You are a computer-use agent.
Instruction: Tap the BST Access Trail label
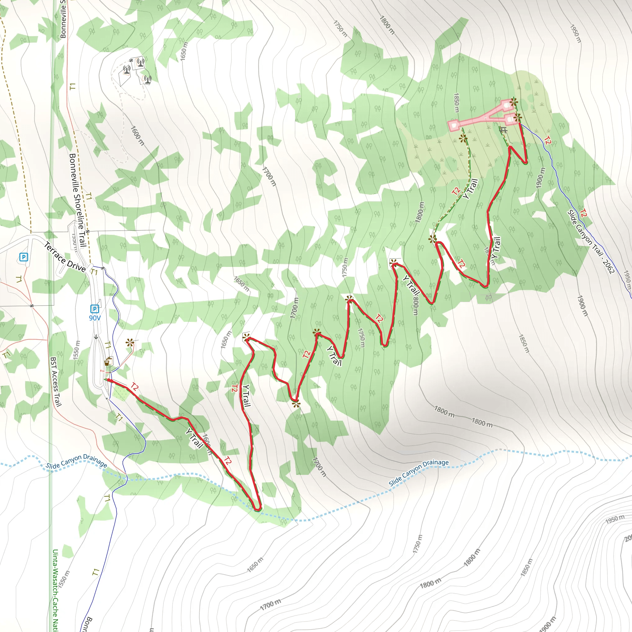pyautogui.click(x=56, y=382)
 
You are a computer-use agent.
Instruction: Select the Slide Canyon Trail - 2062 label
pyautogui.click(x=591, y=241)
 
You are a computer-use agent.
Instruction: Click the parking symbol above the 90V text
pyautogui.click(x=94, y=309)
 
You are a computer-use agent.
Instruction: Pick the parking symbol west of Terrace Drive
pyautogui.click(x=23, y=257)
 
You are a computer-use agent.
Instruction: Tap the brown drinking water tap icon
pyautogui.click(x=107, y=363)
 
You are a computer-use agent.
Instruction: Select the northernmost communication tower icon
pyautogui.click(x=140, y=61)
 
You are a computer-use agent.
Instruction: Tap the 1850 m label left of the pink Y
pyautogui.click(x=457, y=102)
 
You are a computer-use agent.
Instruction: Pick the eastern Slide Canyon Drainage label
pyautogui.click(x=418, y=472)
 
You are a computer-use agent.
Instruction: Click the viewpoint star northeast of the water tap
pyautogui.click(x=130, y=343)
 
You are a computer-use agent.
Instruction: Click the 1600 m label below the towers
pyautogui.click(x=137, y=135)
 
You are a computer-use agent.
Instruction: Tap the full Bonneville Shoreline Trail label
pyautogui.click(x=78, y=200)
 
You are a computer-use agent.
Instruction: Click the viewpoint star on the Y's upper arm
pyautogui.click(x=513, y=102)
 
